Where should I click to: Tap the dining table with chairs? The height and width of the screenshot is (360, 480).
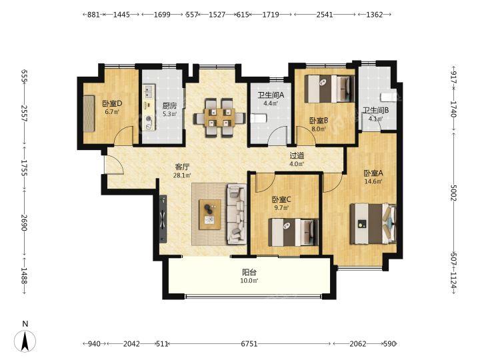[219, 117]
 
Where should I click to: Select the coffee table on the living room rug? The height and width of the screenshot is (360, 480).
[210, 214]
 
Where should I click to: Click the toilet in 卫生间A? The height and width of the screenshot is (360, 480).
[258, 118]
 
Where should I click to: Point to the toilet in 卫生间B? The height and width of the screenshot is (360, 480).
[388, 97]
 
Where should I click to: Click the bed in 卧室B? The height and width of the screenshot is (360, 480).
[329, 89]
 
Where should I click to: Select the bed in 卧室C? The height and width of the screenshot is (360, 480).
[293, 232]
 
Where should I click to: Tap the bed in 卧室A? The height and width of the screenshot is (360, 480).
[373, 224]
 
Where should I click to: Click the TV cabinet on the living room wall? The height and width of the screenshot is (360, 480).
[163, 219]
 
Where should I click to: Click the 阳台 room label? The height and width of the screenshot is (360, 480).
[249, 272]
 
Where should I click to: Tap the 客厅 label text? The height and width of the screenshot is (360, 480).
[182, 167]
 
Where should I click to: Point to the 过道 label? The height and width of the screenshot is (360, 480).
[297, 155]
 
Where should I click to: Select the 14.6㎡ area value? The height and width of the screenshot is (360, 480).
[373, 181]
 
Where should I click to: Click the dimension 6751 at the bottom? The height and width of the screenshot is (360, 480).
[249, 344]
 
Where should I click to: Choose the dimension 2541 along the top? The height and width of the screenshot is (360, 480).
[325, 15]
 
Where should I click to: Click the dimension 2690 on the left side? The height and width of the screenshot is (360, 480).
[25, 223]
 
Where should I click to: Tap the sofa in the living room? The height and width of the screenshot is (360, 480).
[237, 214]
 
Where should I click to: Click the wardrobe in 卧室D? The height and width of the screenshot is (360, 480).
[89, 113]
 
